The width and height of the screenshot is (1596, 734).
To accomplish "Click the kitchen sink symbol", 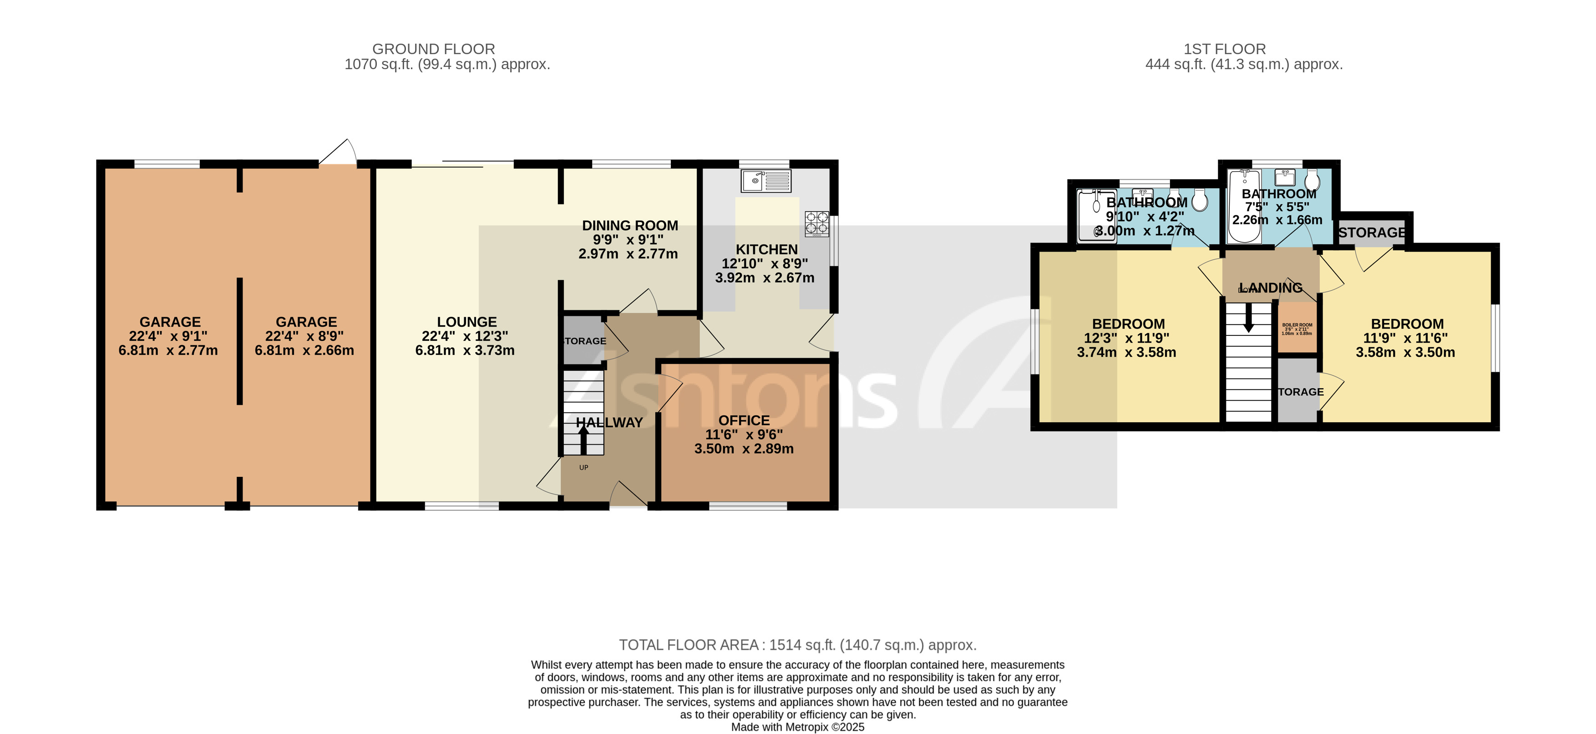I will click(766, 181).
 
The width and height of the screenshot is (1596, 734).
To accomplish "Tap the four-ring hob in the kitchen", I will click(816, 223).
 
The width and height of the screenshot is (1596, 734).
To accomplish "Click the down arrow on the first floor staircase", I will click(1248, 317).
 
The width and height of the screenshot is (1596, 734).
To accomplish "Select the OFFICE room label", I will click(744, 420).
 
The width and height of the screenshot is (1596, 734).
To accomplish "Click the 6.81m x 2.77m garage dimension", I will click(168, 350).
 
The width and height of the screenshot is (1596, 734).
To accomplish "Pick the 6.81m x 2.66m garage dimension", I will click(304, 350).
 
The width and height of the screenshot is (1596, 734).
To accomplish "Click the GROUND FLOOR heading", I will click(433, 49).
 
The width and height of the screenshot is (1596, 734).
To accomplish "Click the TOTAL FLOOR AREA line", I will click(797, 645).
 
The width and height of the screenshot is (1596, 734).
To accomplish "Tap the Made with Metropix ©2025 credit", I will click(797, 727).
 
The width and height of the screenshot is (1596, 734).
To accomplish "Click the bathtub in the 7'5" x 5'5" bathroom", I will click(1244, 208).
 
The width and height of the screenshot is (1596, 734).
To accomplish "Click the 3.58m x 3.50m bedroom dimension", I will click(1405, 353).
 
